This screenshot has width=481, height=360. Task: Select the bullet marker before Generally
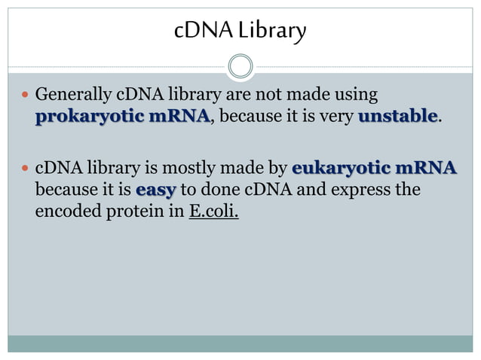25,96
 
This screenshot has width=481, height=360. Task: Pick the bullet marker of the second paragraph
25,168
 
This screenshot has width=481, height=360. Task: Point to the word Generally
73,96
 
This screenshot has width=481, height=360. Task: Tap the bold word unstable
397,117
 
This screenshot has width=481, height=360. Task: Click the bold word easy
155,188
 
